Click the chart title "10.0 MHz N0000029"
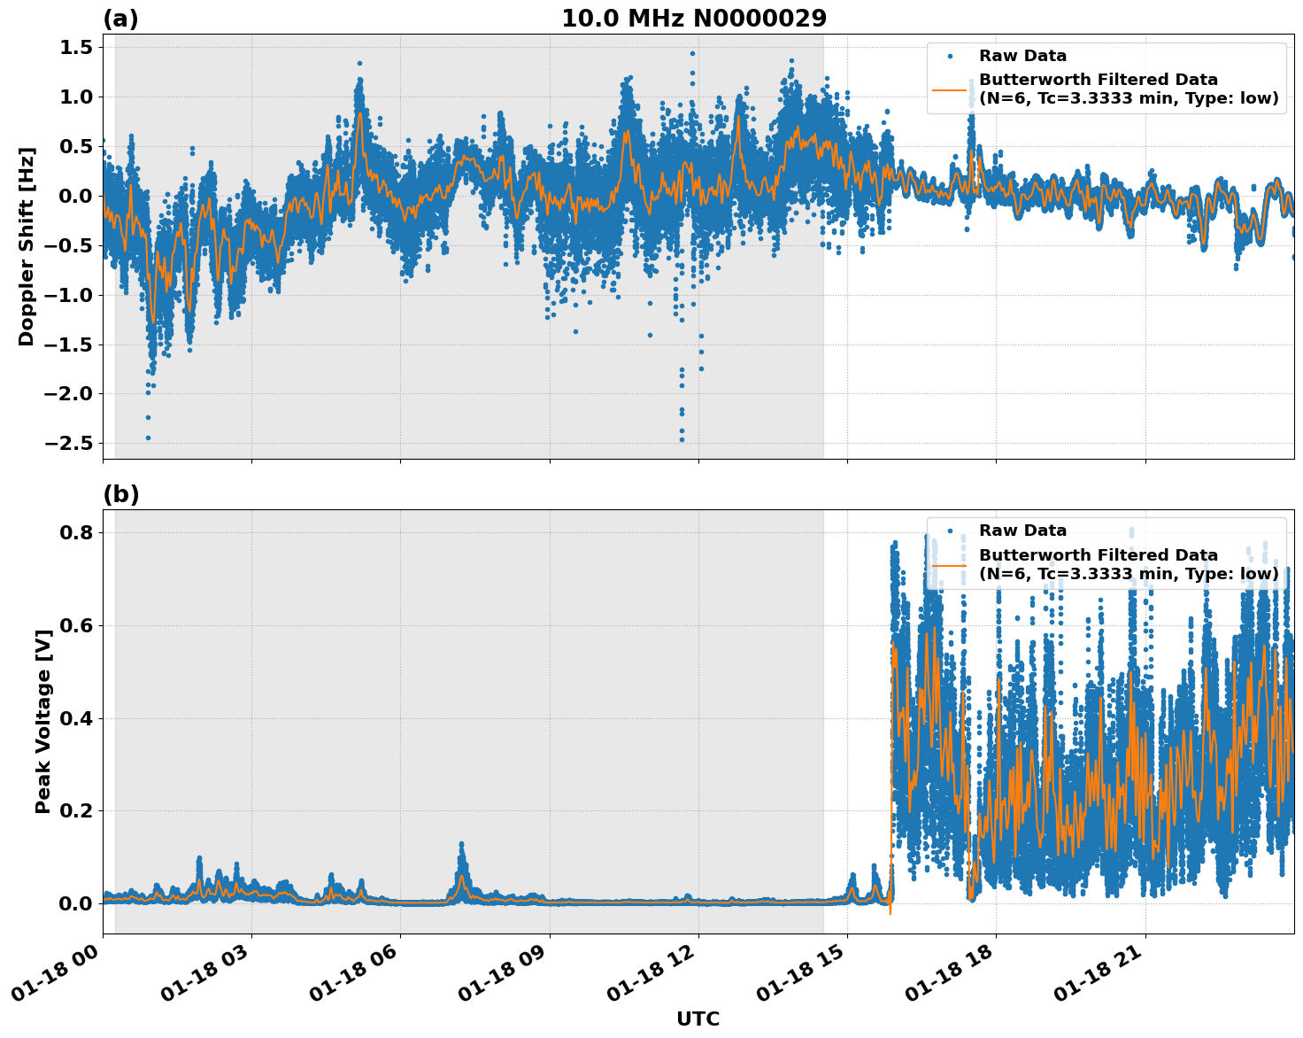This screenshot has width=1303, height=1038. pyautogui.click(x=693, y=19)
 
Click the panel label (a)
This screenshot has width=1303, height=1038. pyautogui.click(x=120, y=19)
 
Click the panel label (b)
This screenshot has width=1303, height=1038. pyautogui.click(x=120, y=494)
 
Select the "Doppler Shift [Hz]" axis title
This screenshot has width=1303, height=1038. pyautogui.click(x=27, y=246)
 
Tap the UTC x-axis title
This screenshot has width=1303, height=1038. pyautogui.click(x=698, y=1019)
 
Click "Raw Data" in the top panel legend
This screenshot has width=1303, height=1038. pyautogui.click(x=1022, y=57)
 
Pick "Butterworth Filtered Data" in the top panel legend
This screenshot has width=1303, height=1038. pyautogui.click(x=1098, y=81)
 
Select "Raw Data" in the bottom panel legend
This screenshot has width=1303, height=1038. pyautogui.click(x=1022, y=531)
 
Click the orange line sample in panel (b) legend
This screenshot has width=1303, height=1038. pyautogui.click(x=950, y=565)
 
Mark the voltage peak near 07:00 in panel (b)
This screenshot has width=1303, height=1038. pyautogui.click(x=461, y=846)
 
